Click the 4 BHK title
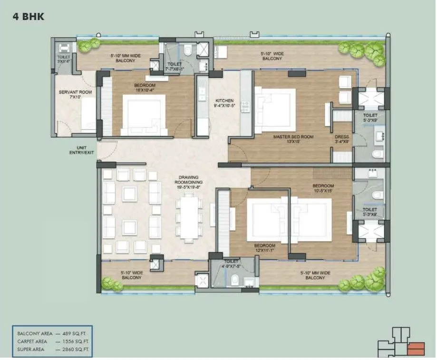tap(28, 18)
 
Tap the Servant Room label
tap(71, 94)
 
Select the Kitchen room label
tap(224, 103)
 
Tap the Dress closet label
tap(342, 138)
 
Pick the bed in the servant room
tap(88, 113)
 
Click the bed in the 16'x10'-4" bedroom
tap(145, 113)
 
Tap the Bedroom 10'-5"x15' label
tap(323, 188)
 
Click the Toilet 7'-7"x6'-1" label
tap(175, 67)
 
